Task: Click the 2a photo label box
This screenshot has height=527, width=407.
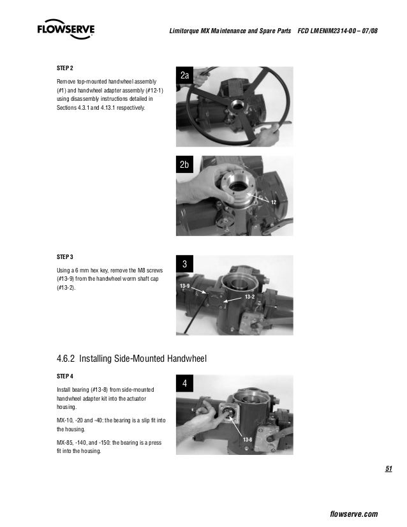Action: click(x=185, y=77)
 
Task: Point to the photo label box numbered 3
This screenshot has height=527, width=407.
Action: click(x=184, y=264)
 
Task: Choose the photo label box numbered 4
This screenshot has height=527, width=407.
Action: click(x=184, y=384)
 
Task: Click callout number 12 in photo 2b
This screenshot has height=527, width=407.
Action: click(x=274, y=202)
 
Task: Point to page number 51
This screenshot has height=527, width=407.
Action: click(x=388, y=470)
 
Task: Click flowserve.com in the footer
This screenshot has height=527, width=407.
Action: click(x=355, y=514)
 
